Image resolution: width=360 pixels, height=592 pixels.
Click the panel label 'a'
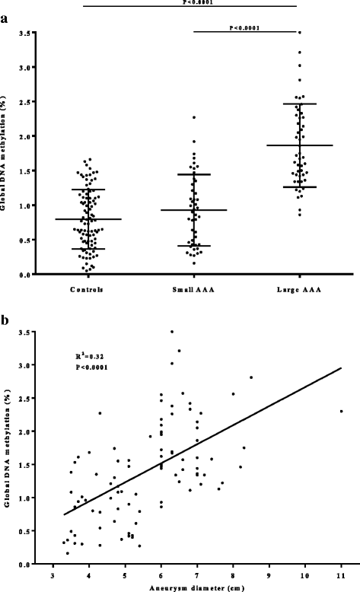(5, 21)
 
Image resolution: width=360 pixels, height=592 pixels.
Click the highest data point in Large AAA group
(300, 33)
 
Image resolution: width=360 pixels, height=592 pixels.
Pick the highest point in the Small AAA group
(194, 117)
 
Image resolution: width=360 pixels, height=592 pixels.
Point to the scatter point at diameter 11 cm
(341, 411)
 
